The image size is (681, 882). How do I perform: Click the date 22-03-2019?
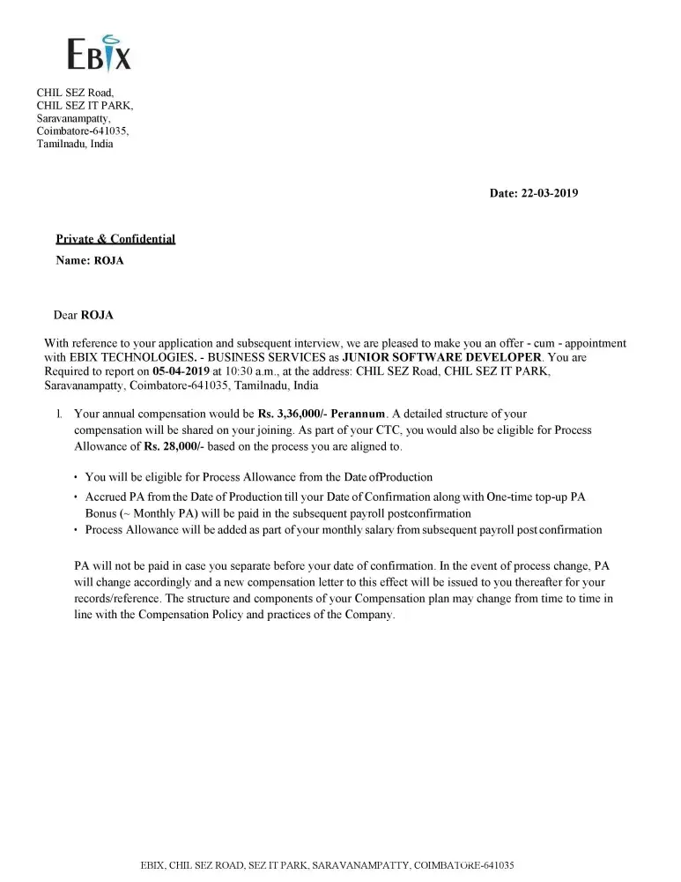(x=547, y=193)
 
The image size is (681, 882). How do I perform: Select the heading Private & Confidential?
(x=115, y=239)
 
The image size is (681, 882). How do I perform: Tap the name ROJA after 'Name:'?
(x=108, y=261)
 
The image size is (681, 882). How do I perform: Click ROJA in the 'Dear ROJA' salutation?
(x=97, y=315)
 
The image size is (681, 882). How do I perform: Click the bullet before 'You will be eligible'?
(x=76, y=478)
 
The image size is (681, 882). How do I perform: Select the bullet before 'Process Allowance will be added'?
(x=76, y=531)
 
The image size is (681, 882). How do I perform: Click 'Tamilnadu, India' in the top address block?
(x=75, y=144)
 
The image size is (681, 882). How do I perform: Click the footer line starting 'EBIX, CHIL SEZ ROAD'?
(x=327, y=865)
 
